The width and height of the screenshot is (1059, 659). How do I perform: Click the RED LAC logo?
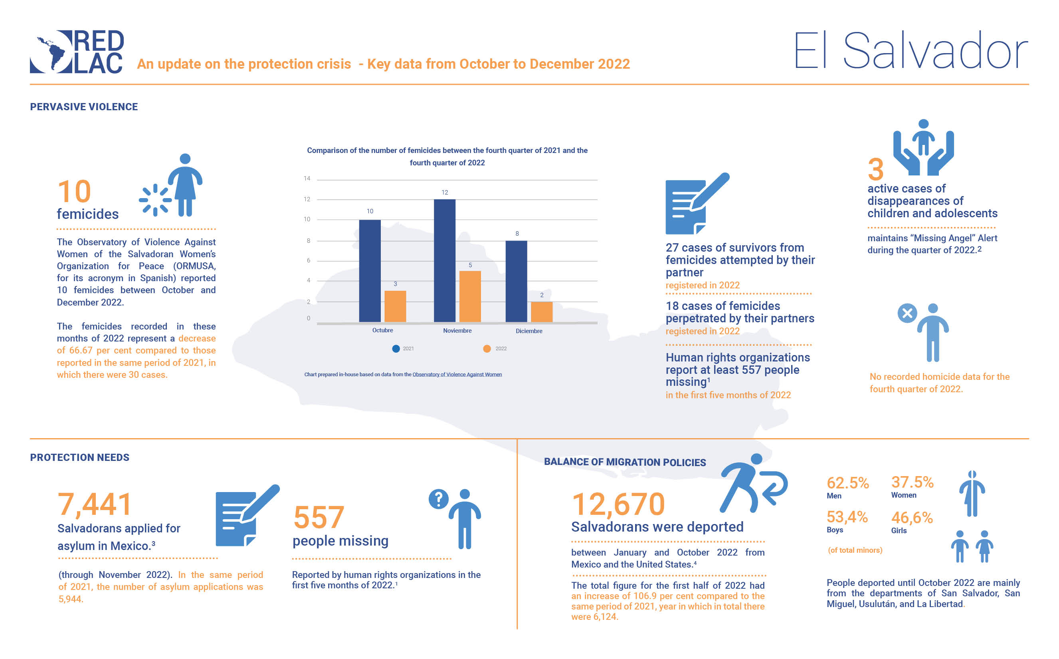point(77,52)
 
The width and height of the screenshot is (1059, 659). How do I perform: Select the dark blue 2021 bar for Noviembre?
point(444,261)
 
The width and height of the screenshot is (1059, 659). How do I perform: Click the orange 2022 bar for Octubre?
point(395,306)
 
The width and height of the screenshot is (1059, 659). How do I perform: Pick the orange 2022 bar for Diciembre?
point(542,312)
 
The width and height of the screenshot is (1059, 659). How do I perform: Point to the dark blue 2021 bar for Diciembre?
point(516,281)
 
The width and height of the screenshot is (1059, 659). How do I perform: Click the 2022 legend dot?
point(487,349)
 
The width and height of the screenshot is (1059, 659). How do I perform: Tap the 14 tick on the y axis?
point(307,178)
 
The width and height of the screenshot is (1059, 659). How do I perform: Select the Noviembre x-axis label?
point(457,331)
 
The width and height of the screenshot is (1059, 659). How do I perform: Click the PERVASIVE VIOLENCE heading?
point(84,107)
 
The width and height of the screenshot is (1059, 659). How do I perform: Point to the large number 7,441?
point(95,504)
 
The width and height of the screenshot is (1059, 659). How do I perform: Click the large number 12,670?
point(618,504)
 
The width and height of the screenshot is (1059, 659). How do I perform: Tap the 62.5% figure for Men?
point(847,483)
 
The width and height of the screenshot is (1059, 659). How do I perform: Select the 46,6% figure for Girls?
point(912,517)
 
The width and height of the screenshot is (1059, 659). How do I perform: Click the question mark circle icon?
point(438,498)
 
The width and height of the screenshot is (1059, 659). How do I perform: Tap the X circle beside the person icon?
point(907,313)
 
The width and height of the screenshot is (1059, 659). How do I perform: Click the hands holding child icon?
point(923,147)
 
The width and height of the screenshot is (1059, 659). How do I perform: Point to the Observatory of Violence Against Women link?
point(457,374)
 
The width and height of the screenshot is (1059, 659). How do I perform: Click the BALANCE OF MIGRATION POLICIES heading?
point(625,462)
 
